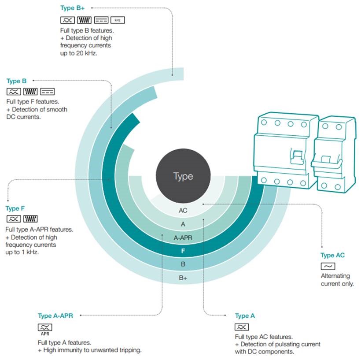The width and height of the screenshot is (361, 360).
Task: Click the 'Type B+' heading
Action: pos(72,8)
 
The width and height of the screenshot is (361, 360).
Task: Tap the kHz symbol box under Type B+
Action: pos(118,20)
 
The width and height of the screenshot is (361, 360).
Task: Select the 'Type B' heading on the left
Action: pos(16,81)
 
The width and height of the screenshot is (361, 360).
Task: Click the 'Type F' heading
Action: pos(15,208)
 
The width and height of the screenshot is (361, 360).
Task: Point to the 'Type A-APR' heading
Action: pos(55,316)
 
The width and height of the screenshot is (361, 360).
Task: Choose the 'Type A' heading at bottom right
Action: pos(245,316)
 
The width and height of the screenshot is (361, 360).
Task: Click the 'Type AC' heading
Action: pos(332,256)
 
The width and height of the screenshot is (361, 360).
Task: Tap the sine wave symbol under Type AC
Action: pos(328,266)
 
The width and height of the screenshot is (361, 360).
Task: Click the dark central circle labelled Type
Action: pos(183,176)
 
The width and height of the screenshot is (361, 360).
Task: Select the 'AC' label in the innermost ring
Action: pos(183,211)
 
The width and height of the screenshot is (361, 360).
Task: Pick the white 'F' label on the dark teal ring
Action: pos(183,251)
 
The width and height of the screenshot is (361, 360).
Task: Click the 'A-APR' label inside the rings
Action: pos(183,238)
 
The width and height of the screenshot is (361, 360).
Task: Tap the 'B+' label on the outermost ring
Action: pos(183,278)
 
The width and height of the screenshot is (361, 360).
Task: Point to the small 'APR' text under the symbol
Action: pos(45,334)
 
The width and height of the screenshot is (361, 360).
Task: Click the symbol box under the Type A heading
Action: pos(242,327)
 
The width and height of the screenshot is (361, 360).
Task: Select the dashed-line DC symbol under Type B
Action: pos(48,92)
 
